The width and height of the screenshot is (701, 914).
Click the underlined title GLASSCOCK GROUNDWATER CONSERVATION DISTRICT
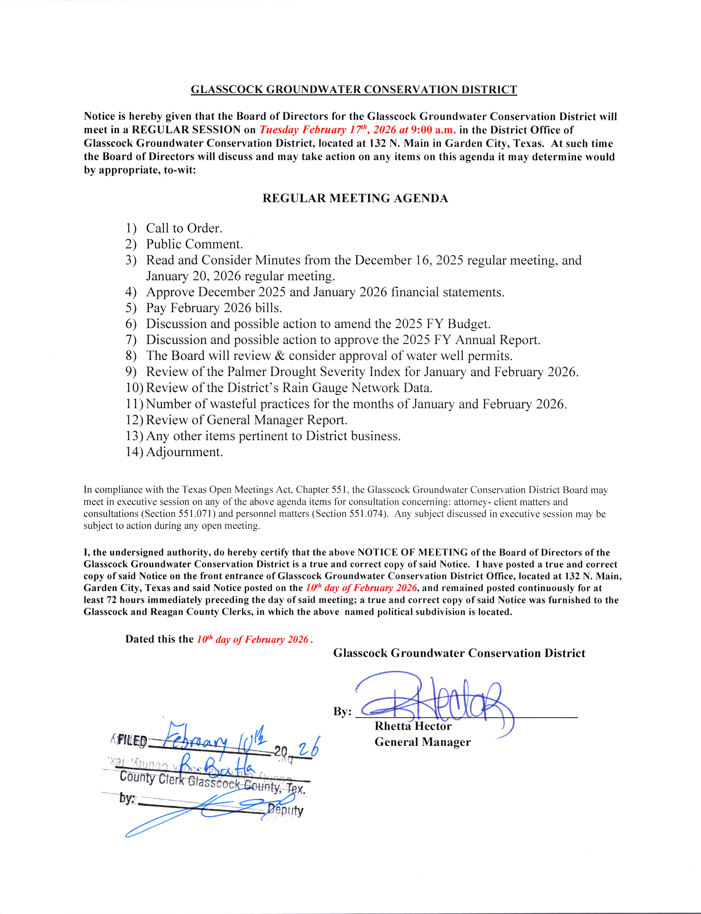point(354,89)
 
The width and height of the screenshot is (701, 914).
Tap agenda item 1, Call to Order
point(184,228)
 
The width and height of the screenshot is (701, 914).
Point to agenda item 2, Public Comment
point(195,244)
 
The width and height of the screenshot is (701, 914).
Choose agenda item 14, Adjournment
point(184,452)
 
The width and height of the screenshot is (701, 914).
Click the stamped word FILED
point(132,741)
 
